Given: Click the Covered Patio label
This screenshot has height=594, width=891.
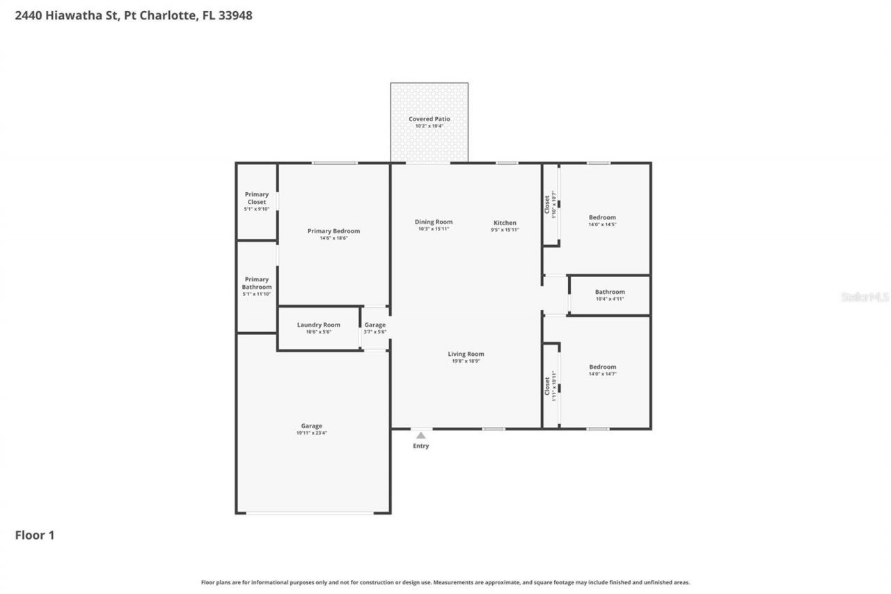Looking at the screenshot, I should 429,119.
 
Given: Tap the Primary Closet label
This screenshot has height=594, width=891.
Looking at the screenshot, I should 256,198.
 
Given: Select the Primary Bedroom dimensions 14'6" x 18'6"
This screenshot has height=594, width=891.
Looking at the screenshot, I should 333,238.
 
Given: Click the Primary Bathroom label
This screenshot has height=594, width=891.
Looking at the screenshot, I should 256,283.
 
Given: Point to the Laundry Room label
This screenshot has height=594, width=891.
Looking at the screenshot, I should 318,325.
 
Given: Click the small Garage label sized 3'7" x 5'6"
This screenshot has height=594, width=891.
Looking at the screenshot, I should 374,325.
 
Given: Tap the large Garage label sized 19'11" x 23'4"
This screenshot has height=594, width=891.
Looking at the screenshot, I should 311,426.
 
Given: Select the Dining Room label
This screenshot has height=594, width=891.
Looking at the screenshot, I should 434,222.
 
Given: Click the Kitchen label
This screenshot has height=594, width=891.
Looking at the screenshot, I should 505,223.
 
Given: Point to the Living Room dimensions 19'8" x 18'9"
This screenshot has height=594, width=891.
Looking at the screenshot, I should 466,361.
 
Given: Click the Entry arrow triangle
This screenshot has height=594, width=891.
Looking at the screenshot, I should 420,435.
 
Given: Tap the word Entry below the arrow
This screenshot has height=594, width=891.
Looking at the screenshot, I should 420,446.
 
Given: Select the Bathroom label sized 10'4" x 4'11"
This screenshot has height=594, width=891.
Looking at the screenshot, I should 610,292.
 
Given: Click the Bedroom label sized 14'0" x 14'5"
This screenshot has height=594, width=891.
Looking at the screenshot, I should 602,217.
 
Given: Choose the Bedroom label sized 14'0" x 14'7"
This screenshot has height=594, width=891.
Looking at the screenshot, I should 602,367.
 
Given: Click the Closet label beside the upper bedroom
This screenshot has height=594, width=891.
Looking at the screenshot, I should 547,203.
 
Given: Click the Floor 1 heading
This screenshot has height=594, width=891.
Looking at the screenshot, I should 35,536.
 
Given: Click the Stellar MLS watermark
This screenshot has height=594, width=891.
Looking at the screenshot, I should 865,297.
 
